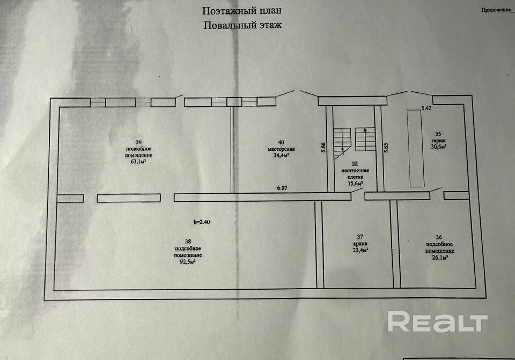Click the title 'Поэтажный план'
(x=241, y=11)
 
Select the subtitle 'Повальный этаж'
(x=242, y=25)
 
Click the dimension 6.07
(x=282, y=188)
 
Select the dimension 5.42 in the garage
(x=426, y=108)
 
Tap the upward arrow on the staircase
(x=365, y=130)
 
